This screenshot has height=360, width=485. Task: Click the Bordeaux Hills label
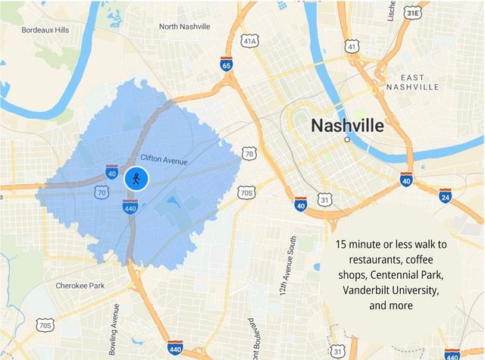coord(45,30)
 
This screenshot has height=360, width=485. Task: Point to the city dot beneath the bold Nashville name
coord(347,139)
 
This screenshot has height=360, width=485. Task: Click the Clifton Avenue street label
coord(164,158)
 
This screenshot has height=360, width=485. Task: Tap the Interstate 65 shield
coord(227,64)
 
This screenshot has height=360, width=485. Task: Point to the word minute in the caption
coord(369,245)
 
